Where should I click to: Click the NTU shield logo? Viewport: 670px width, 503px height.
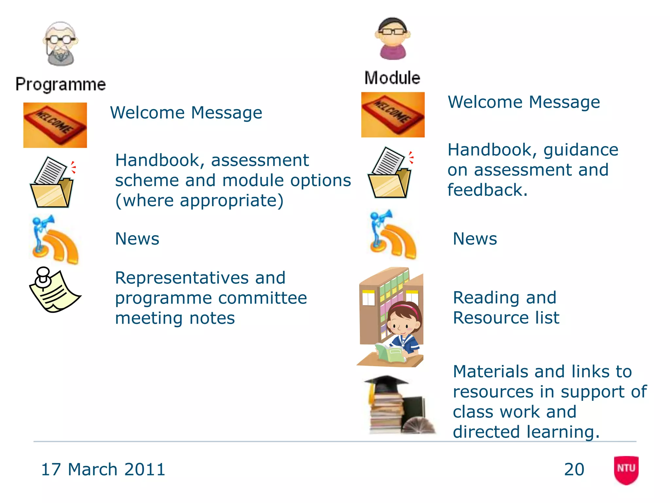click(626, 470)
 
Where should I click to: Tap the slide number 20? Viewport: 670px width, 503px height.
click(574, 469)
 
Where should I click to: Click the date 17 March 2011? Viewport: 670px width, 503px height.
click(103, 469)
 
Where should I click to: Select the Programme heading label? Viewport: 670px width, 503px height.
click(61, 84)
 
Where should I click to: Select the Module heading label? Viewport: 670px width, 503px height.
click(392, 78)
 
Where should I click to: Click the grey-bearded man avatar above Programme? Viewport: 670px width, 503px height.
click(60, 44)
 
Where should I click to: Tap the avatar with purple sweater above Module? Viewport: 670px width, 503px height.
click(393, 39)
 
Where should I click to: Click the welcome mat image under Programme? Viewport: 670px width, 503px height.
click(55, 125)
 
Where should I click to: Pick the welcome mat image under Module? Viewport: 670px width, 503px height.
click(393, 115)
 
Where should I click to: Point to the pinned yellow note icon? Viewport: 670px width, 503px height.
click(54, 289)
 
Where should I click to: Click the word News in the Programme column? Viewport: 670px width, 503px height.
click(137, 238)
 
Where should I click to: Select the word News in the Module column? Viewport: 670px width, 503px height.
click(475, 238)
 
